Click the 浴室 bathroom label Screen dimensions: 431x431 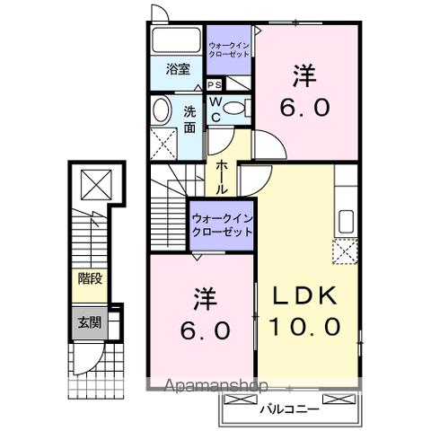click(176, 69)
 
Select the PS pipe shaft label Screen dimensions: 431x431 click(215, 85)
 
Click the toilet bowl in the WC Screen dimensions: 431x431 click(235, 108)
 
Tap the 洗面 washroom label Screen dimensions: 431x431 click(190, 119)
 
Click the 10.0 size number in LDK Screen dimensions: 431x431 click(303, 327)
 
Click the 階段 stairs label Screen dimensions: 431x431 click(89, 278)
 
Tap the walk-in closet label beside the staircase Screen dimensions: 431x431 click(221, 224)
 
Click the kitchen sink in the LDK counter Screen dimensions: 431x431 click(345, 221)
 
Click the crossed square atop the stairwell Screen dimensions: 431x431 click(92, 184)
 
